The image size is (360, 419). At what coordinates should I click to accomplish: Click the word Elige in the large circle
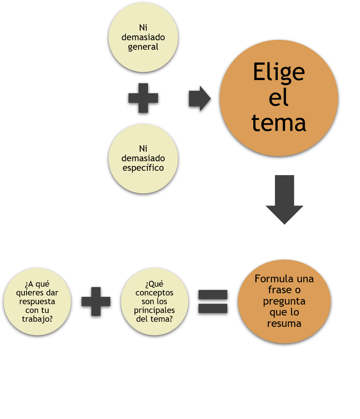[278, 72]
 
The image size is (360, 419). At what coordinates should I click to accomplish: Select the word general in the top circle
[143, 47]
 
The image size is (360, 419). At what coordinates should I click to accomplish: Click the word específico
[143, 168]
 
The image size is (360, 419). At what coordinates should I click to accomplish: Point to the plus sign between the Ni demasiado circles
[143, 98]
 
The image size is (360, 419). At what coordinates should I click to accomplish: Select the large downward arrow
[284, 199]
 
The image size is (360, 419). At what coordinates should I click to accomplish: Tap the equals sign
[213, 301]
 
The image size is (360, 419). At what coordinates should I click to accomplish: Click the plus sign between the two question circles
[96, 301]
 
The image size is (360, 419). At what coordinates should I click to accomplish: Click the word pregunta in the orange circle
[284, 301]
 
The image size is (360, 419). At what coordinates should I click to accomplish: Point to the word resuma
[284, 324]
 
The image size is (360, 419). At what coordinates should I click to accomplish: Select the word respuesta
[37, 302]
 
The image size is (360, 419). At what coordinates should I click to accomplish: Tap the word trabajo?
[37, 319]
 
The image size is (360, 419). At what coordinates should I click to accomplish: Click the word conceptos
[154, 293]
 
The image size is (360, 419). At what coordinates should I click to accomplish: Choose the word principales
[154, 310]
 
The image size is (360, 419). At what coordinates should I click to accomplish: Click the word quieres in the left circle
[29, 293]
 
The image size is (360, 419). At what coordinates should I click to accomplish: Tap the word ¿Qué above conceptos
[154, 284]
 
